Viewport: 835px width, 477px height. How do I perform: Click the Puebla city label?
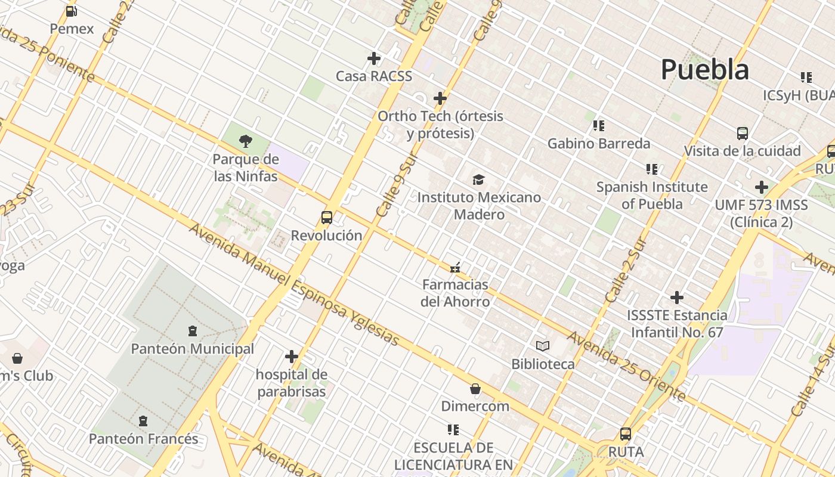704,70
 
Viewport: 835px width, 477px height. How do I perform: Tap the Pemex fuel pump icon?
72,11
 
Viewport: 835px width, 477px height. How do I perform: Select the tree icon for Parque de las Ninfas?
245,141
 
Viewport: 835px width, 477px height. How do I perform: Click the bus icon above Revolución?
327,217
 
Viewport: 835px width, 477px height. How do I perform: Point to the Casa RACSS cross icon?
374,58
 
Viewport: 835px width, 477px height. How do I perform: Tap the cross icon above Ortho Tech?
440,98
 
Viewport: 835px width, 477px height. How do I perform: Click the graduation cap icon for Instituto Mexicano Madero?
479,179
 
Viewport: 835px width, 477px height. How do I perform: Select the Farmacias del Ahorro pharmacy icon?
456,267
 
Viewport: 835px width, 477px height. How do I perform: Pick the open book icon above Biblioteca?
543,346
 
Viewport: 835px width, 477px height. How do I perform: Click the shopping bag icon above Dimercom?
475,389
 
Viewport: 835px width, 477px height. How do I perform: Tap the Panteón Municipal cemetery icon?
192,330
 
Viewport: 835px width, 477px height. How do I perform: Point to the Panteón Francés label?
143,439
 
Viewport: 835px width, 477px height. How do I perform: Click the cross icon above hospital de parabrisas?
291,357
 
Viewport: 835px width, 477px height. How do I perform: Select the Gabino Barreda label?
599,144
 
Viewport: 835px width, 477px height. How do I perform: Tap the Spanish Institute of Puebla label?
652,195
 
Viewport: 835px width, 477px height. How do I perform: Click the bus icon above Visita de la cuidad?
743,133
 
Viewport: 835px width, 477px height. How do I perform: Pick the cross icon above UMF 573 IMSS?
761,187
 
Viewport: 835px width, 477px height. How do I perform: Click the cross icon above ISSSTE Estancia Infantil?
677,297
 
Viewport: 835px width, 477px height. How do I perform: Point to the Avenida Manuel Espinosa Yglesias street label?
294,284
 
